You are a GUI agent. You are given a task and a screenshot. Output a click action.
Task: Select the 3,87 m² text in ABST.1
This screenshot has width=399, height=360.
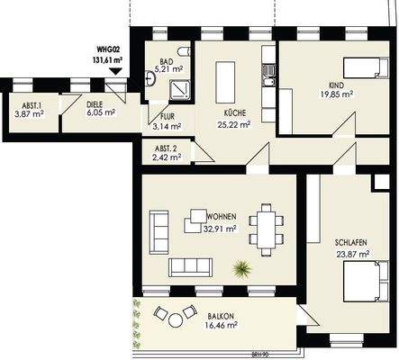tap(29, 114)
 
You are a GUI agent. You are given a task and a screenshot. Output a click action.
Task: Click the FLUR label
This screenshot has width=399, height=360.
tap(168, 117)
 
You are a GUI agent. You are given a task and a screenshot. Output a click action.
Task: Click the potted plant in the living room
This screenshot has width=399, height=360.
tap(240, 267)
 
